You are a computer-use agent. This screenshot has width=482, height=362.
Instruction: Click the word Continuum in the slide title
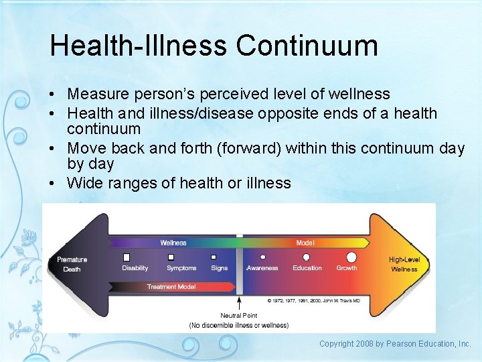[307, 46]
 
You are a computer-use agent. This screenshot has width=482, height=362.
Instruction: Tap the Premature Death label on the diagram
[72, 264]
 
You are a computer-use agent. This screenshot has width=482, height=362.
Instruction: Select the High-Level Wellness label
[404, 264]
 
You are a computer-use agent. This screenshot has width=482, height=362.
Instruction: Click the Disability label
[135, 268]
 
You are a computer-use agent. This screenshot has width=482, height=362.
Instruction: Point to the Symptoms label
[181, 268]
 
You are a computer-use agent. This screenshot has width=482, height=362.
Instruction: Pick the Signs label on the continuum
[219, 268]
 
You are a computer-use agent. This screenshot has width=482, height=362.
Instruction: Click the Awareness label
[262, 268]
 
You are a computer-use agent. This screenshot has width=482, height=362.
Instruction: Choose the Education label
[307, 268]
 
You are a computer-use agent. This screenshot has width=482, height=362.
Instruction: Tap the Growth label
[347, 268]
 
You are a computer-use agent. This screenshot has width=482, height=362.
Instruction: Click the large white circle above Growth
[351, 257]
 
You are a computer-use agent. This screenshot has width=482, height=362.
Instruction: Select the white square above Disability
[127, 257]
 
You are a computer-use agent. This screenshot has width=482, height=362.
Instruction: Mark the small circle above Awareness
[262, 257]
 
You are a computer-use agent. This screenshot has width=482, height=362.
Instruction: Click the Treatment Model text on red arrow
[171, 287]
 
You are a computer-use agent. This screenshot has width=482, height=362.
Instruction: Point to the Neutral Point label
[239, 316]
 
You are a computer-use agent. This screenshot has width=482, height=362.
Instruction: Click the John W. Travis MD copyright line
[314, 301]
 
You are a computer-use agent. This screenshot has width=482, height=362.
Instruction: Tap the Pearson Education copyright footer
[395, 344]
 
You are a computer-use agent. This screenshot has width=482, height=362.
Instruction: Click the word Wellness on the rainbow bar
[173, 243]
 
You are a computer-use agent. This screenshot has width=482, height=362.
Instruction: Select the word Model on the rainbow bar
[305, 243]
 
